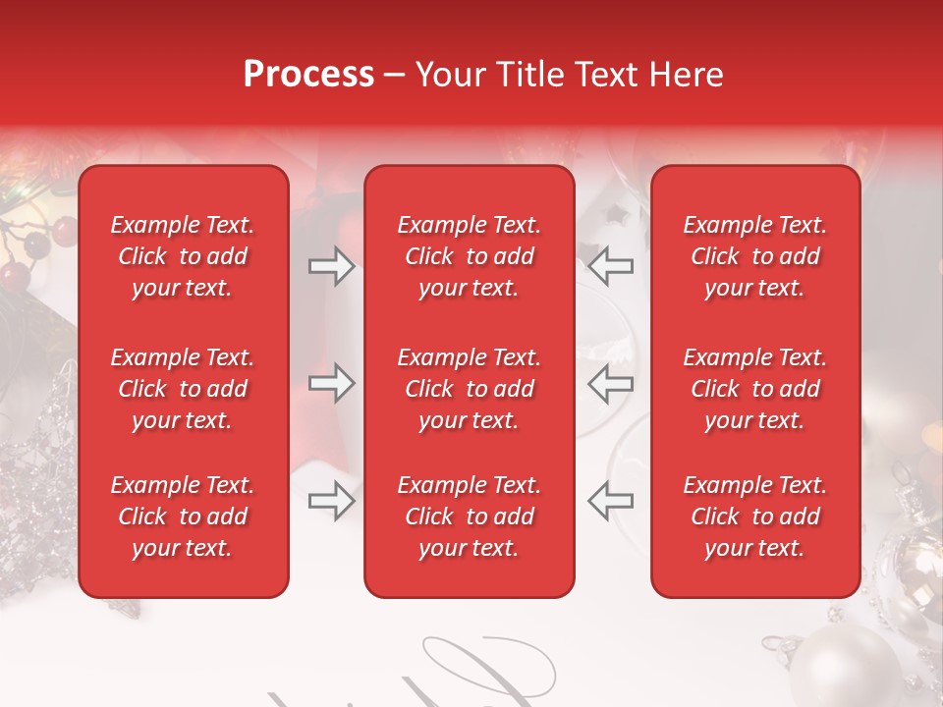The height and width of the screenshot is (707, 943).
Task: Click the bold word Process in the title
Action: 308,75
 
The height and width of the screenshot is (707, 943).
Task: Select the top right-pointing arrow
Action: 331,265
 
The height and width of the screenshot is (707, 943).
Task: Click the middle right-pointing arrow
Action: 331,383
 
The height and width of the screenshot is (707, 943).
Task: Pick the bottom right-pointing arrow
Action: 331,501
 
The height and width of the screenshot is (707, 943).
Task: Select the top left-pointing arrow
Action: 611,265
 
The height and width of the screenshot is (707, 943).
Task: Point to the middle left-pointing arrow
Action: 611,383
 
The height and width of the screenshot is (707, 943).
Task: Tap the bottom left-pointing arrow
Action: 611,501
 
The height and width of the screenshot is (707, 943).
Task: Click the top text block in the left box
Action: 183,256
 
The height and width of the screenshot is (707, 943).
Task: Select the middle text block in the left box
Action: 183,389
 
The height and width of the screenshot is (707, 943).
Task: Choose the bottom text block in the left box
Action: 183,517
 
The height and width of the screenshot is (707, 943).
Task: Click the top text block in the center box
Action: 470,256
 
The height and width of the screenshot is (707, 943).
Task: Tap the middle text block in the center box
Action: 470,389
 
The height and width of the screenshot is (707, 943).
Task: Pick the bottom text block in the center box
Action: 470,517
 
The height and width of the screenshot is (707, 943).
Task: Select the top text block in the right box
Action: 755,256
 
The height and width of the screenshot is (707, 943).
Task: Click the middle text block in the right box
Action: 755,389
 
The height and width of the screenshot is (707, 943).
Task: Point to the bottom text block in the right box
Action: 755,517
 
